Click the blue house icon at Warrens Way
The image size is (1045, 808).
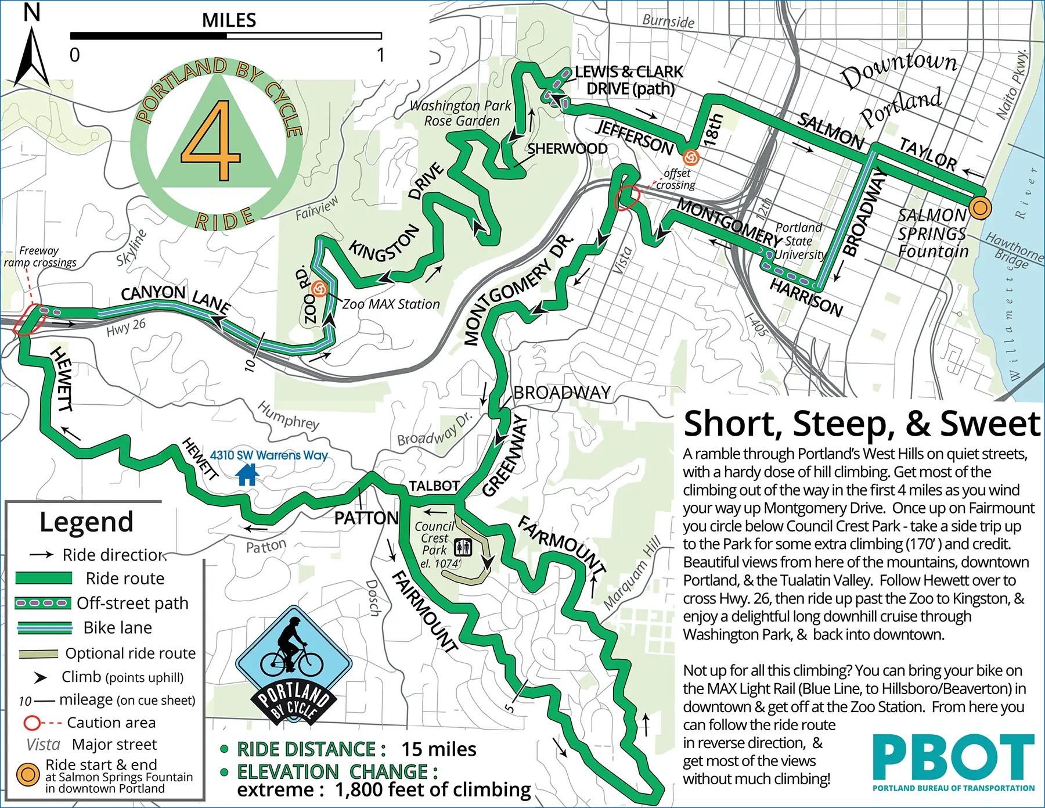(x=247, y=475)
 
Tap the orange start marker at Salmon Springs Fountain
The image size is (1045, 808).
(x=980, y=207)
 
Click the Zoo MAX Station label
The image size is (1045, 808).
(x=391, y=304)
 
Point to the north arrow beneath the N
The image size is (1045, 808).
(x=31, y=58)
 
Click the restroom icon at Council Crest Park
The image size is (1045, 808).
(x=463, y=547)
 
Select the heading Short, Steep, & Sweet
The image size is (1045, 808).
(x=862, y=423)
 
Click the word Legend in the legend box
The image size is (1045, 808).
(x=87, y=522)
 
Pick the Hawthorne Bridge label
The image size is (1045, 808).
(x=1014, y=250)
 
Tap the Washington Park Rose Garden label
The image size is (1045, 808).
(x=461, y=113)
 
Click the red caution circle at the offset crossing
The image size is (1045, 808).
(x=626, y=198)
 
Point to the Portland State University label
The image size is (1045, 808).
(x=799, y=241)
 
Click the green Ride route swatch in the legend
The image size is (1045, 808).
(x=44, y=578)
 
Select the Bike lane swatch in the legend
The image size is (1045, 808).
(x=44, y=627)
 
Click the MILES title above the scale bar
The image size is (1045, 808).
(x=229, y=20)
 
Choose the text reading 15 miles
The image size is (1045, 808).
(x=439, y=749)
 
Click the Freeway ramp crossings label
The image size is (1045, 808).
(x=39, y=256)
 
